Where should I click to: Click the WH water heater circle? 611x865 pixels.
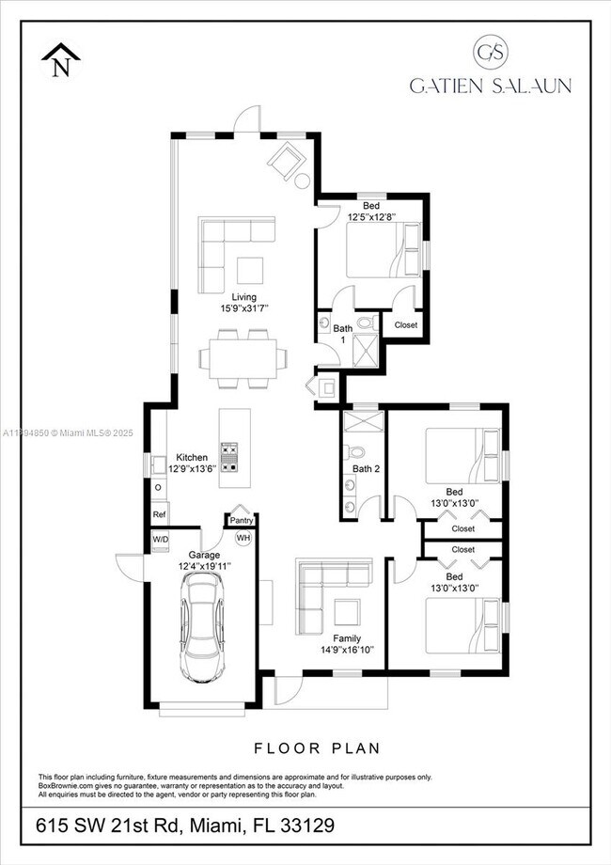tap(243, 538)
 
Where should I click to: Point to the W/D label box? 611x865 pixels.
tap(160, 539)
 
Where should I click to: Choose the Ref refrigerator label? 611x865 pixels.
tap(159, 515)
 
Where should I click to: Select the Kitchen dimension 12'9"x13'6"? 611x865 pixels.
tap(192, 468)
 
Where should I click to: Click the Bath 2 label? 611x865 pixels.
tap(365, 469)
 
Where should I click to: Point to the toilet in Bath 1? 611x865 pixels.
tap(365, 323)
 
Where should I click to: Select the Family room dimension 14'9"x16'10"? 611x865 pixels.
tap(346, 649)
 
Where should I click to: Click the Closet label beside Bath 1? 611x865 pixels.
tap(405, 325)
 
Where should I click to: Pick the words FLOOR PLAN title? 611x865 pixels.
tap(318, 748)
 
